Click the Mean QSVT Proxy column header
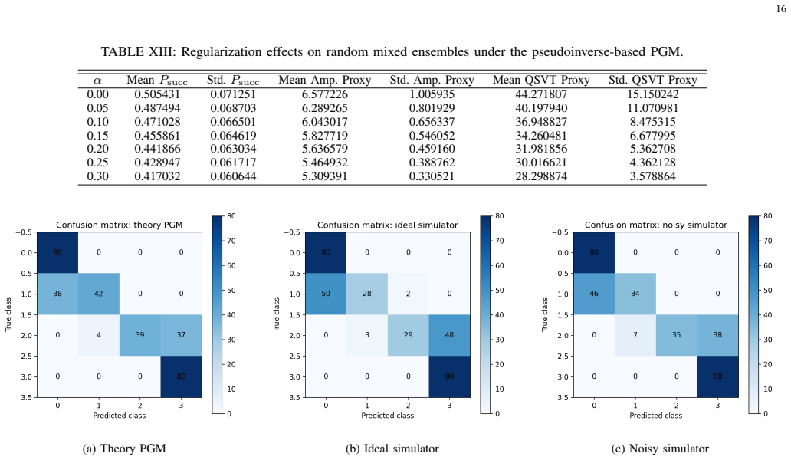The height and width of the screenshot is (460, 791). tap(541, 80)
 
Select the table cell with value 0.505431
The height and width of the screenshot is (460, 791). tap(157, 94)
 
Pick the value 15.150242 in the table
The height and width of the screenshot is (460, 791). tap(653, 94)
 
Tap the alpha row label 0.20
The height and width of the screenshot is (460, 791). tap(97, 149)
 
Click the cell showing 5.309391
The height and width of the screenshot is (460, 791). tap(324, 176)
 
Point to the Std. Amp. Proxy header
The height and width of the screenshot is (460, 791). tap(432, 80)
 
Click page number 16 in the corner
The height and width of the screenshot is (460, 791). tap(781, 9)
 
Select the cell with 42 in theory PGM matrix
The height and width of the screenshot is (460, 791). tap(99, 294)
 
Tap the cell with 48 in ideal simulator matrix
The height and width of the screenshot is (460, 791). tap(449, 336)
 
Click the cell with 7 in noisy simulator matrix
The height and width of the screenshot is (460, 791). tap(635, 336)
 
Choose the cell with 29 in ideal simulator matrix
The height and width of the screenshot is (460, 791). tap(408, 336)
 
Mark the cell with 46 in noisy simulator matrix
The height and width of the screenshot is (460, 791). tap(594, 294)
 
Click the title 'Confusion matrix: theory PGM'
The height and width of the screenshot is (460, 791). tap(119, 225)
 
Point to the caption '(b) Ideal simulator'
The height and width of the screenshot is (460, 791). tap(392, 449)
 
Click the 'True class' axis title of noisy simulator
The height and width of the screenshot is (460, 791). tap(544, 315)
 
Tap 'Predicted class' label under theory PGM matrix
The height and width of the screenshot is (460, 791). tap(119, 416)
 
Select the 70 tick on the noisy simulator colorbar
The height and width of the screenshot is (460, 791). tap(768, 241)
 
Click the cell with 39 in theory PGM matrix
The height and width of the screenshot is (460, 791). tap(139, 336)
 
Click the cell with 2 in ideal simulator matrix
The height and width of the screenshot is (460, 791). tap(408, 294)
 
